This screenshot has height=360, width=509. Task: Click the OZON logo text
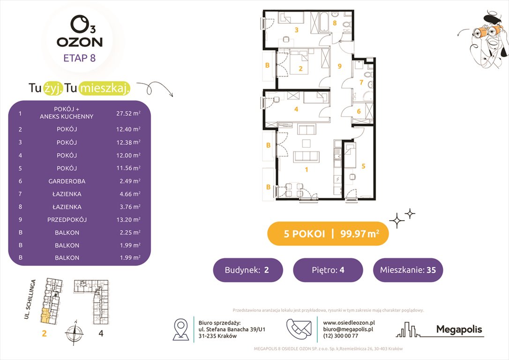coord(79,42)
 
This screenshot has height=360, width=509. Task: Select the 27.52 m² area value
coord(128,113)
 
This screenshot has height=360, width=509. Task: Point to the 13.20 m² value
coord(128,219)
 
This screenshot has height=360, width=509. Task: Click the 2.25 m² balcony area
coord(128,232)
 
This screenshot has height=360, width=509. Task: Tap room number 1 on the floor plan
coord(307,170)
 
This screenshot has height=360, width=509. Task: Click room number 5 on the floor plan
coord(363,165)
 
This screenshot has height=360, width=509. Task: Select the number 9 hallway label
coord(339,66)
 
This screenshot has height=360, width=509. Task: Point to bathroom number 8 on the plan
coord(335,22)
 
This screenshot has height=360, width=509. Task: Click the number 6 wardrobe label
coord(359,111)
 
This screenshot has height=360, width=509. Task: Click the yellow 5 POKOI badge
coord(328,234)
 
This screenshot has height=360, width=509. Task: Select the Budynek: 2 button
coord(248,270)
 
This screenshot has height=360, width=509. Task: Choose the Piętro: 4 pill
coord(328,270)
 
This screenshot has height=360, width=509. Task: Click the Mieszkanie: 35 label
coord(408,270)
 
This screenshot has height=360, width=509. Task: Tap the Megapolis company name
coord(459,330)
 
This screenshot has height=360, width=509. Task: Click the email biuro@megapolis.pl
coord(347,330)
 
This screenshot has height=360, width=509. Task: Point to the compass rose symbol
coord(73,334)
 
